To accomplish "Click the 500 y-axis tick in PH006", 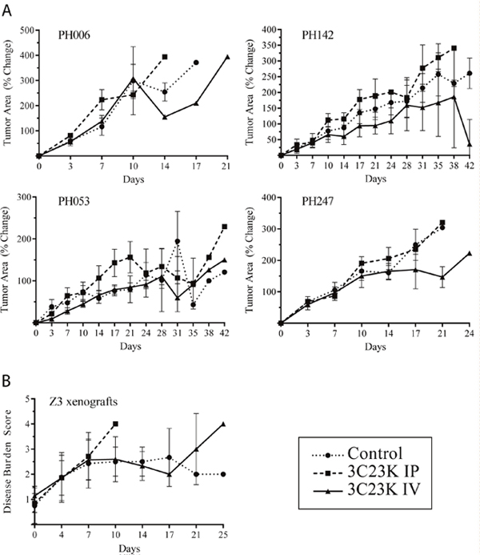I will click(27, 30).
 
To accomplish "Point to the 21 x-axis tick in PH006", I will click(227, 167).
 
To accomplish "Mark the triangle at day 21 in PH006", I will click(227, 57).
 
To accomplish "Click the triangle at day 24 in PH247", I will click(468, 253).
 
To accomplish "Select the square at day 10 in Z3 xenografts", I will click(116, 424).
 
